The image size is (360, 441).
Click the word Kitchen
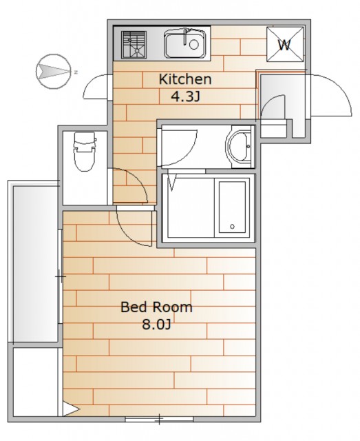click(x=185, y=79)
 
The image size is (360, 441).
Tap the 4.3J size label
click(x=185, y=97)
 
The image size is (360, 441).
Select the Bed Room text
click(x=156, y=307)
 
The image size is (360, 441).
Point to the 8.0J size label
click(x=156, y=325)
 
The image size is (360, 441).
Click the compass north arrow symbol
click(x=54, y=72)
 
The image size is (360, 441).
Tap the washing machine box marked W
click(x=285, y=44)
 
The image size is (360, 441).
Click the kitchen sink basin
click(x=185, y=44)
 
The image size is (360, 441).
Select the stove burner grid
click(x=134, y=45)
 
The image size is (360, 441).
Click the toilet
click(x=83, y=152)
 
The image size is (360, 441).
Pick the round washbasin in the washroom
click(x=238, y=147)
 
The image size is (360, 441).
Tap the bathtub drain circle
click(x=232, y=227)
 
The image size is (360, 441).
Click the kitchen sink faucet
click(x=185, y=36)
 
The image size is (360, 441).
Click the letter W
click(x=284, y=45)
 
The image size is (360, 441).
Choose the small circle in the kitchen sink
click(x=194, y=44)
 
